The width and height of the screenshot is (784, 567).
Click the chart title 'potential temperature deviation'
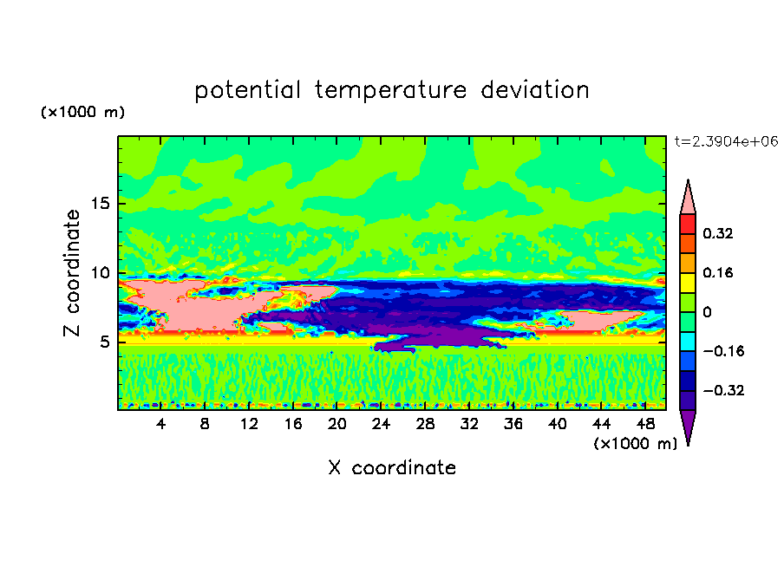[x=392, y=90]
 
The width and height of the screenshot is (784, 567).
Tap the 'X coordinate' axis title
[x=392, y=468]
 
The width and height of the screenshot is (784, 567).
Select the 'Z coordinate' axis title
[x=72, y=273]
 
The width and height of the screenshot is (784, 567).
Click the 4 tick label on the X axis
[x=161, y=423]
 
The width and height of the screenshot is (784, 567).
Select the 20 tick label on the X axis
[x=336, y=423]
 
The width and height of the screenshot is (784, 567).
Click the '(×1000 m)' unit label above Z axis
[x=82, y=113]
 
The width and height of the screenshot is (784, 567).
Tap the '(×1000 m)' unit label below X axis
[x=636, y=444]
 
